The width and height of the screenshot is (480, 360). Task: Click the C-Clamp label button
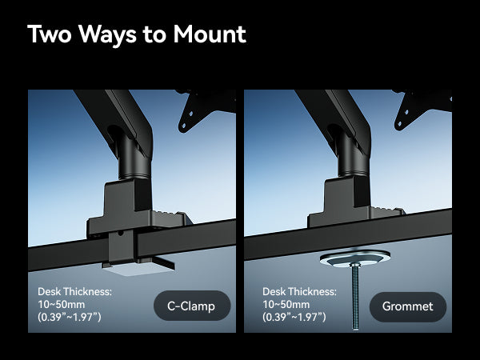click(x=192, y=306)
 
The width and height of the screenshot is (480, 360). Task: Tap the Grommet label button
click(x=408, y=306)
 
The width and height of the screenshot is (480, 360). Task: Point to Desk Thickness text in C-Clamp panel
click(x=74, y=291)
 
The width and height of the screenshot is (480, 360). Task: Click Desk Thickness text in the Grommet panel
click(x=298, y=291)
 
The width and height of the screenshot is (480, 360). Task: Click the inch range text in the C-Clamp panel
click(x=70, y=318)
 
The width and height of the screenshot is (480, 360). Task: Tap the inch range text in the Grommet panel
click(x=294, y=318)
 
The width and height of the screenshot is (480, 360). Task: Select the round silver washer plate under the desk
click(x=354, y=258)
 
